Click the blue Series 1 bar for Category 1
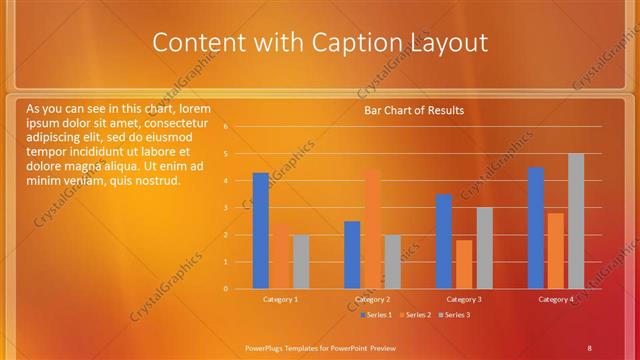click(x=260, y=230)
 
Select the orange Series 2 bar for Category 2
click(x=372, y=229)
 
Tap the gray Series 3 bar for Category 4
click(x=576, y=221)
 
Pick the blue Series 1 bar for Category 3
click(x=444, y=241)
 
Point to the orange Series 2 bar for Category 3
click(x=464, y=264)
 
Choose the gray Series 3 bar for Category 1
click(x=301, y=261)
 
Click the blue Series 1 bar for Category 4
click(x=536, y=228)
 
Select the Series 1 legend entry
click(x=376, y=315)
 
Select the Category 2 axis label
click(x=372, y=299)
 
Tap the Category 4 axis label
click(x=556, y=299)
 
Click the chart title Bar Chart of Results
click(x=414, y=110)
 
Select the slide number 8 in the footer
click(x=589, y=347)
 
